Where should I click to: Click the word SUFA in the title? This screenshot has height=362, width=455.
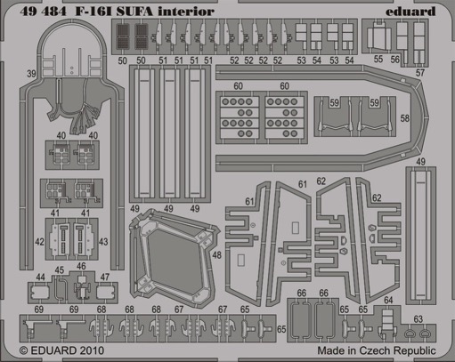(134, 12)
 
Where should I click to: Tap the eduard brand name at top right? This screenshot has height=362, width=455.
(410, 12)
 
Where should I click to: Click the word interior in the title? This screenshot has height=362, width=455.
(186, 12)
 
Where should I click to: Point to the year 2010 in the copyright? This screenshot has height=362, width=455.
(91, 350)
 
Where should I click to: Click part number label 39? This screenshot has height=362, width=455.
(31, 74)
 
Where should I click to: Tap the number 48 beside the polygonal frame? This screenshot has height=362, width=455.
(217, 255)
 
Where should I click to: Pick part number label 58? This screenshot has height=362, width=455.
(405, 118)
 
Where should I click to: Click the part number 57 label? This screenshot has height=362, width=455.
(420, 73)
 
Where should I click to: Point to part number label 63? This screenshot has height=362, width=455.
(418, 319)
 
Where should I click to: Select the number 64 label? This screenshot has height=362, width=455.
(388, 300)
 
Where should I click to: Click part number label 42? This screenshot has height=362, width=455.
(39, 242)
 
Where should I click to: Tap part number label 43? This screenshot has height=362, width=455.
(103, 242)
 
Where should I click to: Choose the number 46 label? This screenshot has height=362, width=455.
(81, 266)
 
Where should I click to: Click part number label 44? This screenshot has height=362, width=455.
(40, 278)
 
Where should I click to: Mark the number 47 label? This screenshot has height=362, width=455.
(105, 278)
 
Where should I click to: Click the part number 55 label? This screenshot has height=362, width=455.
(378, 59)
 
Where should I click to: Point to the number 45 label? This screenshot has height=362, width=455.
(60, 270)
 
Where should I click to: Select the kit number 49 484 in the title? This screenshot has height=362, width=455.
(43, 12)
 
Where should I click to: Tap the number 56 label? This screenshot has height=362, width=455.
(394, 60)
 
